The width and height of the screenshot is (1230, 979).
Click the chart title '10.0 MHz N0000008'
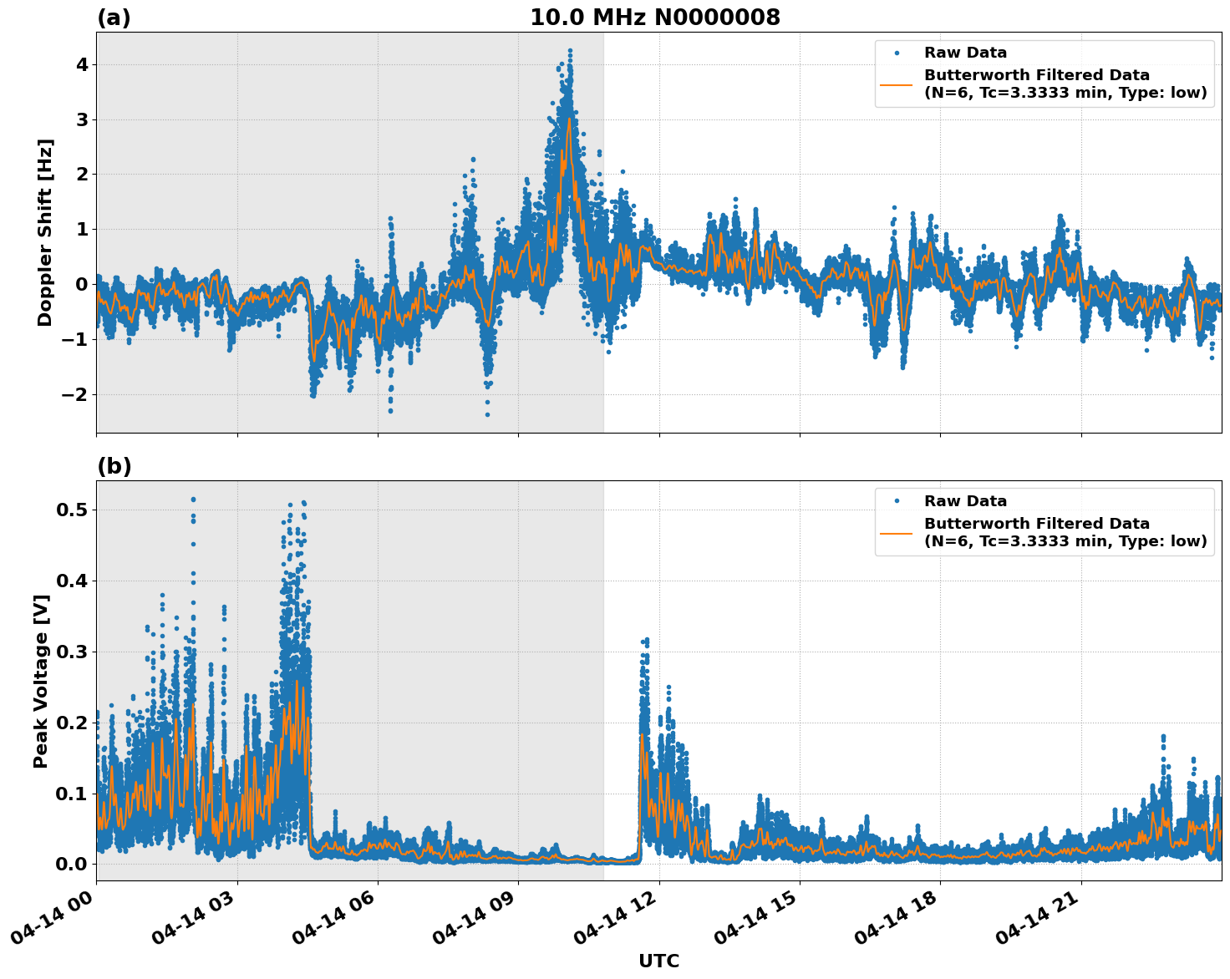pos(654,18)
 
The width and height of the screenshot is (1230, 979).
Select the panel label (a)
pos(114,18)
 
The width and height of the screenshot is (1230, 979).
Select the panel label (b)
pos(114,466)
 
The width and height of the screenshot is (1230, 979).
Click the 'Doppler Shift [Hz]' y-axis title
pos(45,232)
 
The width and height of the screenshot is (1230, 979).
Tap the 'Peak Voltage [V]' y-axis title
pos(41,681)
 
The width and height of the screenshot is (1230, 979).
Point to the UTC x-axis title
pos(658,961)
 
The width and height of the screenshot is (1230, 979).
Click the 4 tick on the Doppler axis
pos(82,65)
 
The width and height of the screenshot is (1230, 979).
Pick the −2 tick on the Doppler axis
pos(75,394)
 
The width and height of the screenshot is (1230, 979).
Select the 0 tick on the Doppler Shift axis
pos(82,285)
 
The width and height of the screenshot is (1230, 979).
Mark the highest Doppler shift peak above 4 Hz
pos(570,50)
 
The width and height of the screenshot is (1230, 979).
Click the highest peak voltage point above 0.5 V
pos(193,500)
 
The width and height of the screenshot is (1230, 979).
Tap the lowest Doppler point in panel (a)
pos(487,414)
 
